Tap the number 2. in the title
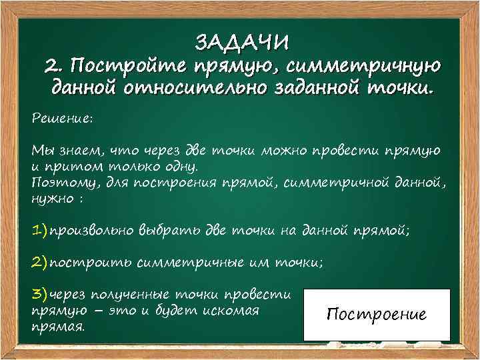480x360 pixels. [55, 66]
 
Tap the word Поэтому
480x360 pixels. [59, 181]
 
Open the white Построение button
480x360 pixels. [377, 315]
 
